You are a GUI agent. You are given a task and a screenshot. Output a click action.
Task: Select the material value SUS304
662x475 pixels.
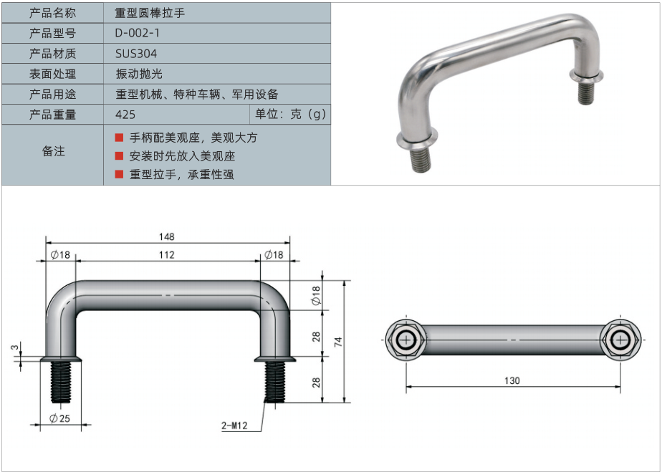(x=135, y=53)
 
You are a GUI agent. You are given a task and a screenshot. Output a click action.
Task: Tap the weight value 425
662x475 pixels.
(x=125, y=115)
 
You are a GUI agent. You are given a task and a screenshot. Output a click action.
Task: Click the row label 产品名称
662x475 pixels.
(x=52, y=13)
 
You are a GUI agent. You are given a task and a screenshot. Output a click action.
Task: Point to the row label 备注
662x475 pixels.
(x=53, y=151)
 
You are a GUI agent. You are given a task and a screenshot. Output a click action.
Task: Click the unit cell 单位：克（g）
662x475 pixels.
(x=289, y=115)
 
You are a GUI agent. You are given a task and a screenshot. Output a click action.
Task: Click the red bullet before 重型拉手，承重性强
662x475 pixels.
(x=120, y=174)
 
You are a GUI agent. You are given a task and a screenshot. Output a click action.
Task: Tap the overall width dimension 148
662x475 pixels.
(x=167, y=236)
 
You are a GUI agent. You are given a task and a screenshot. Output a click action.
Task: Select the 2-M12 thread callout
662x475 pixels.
(x=234, y=426)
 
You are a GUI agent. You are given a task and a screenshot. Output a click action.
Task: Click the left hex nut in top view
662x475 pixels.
(x=406, y=340)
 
